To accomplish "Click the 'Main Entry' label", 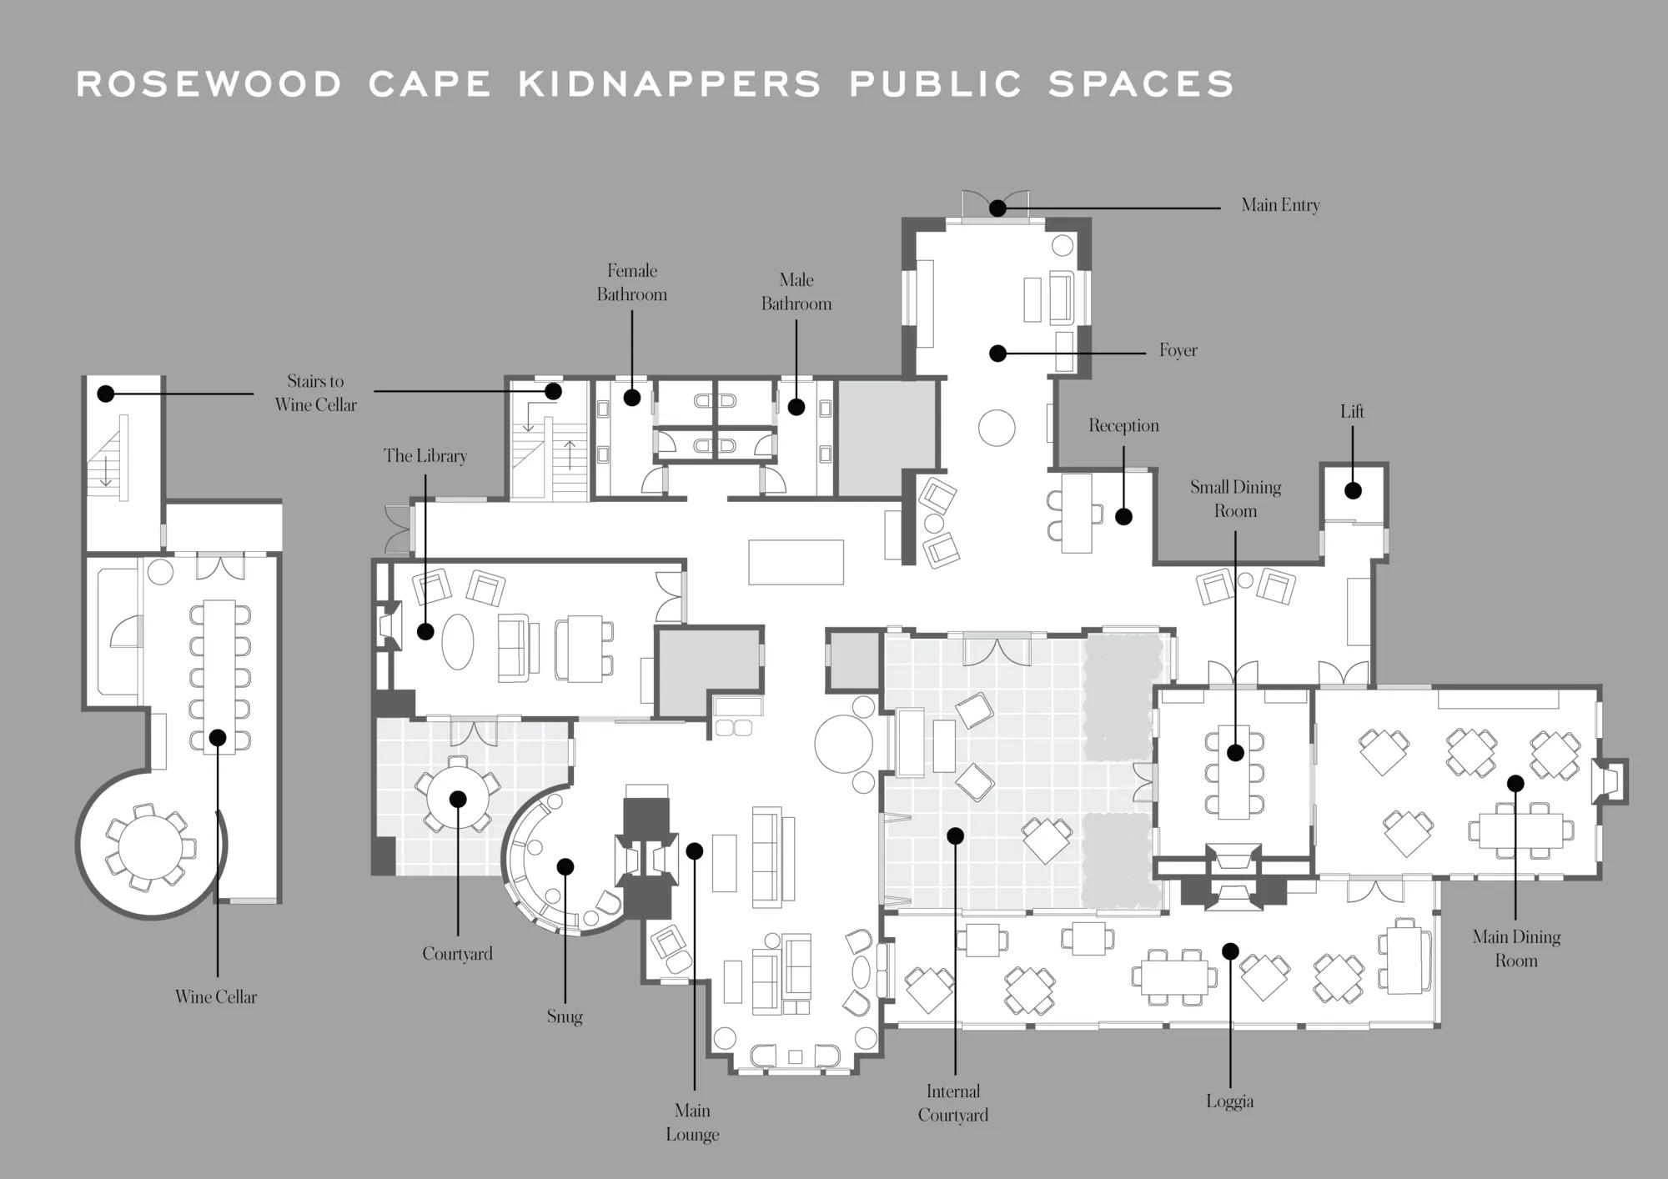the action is click(x=1280, y=205).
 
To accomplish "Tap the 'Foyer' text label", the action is click(x=1178, y=351).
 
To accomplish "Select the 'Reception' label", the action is click(x=1123, y=425).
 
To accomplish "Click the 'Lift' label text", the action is click(x=1352, y=411).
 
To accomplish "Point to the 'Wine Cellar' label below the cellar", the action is click(x=216, y=996).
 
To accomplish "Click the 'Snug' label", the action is click(x=565, y=1016).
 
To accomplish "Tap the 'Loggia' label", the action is click(x=1229, y=1101).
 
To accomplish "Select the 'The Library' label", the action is click(x=425, y=456).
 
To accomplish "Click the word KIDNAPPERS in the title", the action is click(x=670, y=84).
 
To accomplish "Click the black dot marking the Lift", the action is click(x=1353, y=491).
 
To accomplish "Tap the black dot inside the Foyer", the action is click(x=997, y=354).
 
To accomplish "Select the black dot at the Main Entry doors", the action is click(x=997, y=208).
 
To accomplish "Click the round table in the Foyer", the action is click(x=997, y=429).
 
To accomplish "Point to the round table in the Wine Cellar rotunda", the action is click(x=151, y=847).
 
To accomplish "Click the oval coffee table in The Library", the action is click(x=458, y=641).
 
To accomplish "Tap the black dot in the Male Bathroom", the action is click(x=796, y=407).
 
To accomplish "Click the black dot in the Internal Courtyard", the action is click(x=956, y=835).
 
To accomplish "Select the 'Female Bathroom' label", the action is click(x=632, y=283).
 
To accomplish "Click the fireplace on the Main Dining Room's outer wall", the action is click(x=1611, y=781).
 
